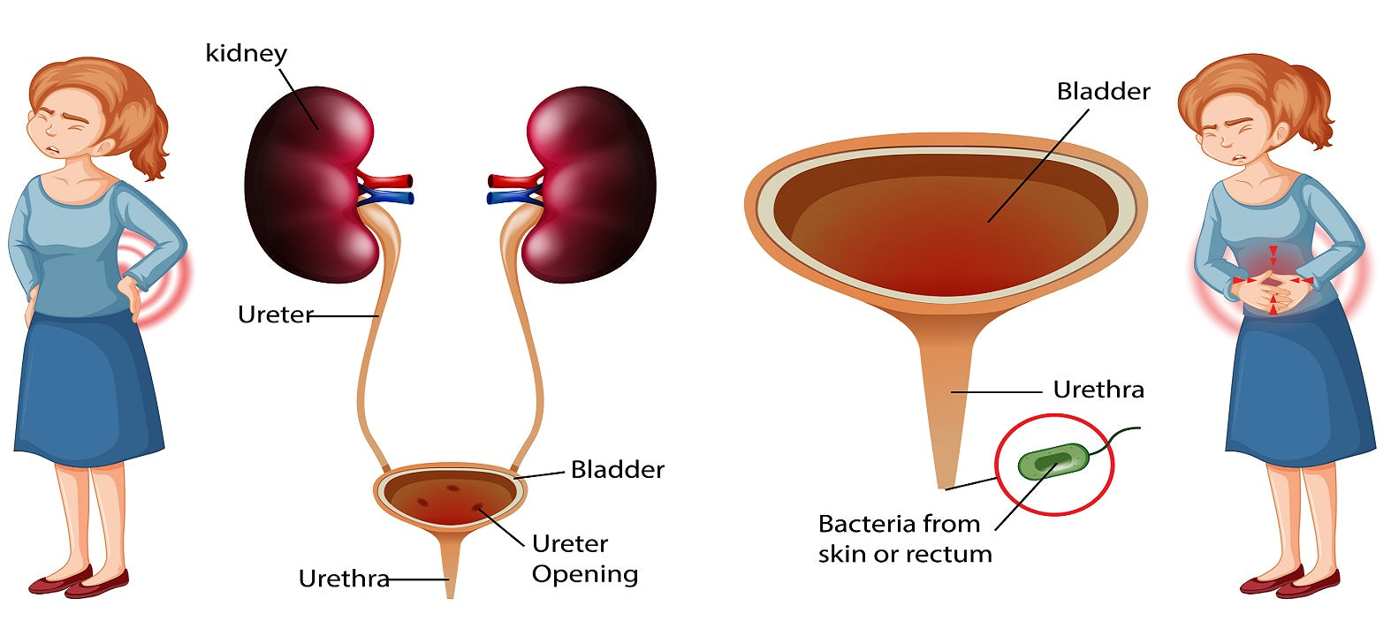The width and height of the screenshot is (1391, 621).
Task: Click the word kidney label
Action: (x=246, y=54)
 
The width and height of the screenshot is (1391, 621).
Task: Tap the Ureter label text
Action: (x=275, y=314)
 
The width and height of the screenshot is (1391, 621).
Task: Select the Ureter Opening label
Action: (x=584, y=558)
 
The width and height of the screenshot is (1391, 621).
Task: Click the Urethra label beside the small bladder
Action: (x=344, y=579)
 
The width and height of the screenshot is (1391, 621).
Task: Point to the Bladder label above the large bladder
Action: (x=1103, y=92)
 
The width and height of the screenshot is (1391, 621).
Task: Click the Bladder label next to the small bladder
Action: (x=617, y=469)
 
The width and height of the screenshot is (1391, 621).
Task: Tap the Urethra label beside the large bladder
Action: (x=1098, y=390)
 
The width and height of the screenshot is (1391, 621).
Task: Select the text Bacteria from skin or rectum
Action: (x=904, y=539)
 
